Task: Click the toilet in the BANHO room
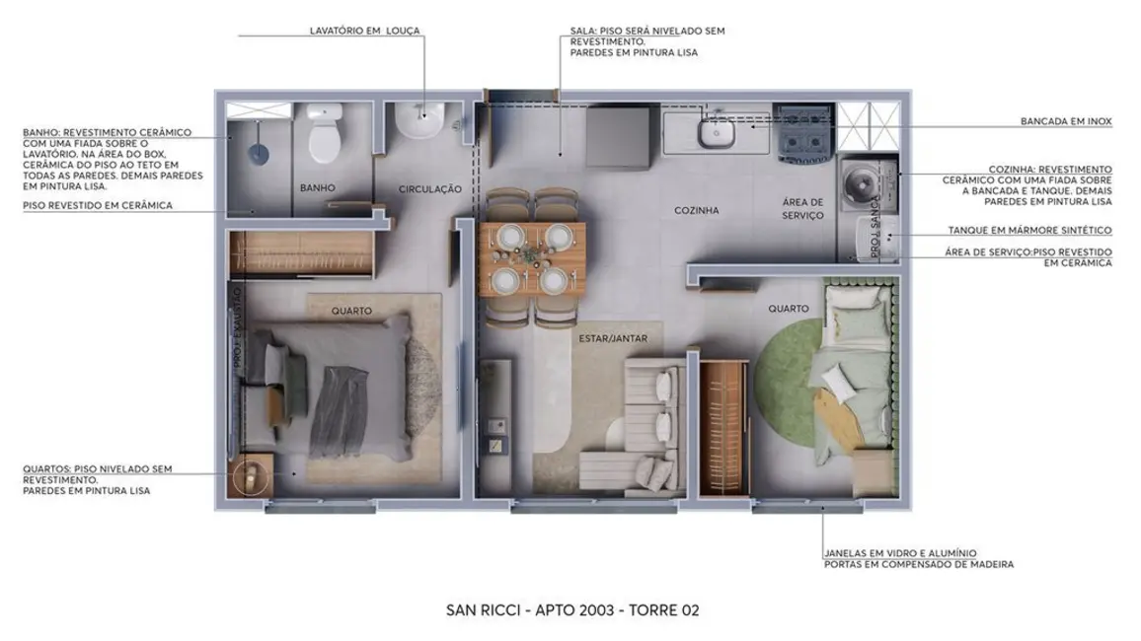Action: [325, 138]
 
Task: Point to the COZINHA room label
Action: [696, 210]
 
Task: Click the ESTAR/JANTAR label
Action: [606, 339]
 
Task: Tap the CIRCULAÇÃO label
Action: [430, 188]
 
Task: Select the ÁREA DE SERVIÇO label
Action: [802, 208]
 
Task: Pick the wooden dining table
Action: [532, 258]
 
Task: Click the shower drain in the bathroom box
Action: [258, 152]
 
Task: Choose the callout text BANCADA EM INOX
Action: [1066, 122]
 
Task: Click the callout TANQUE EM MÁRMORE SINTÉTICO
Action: [1029, 231]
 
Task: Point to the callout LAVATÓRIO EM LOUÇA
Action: [364, 32]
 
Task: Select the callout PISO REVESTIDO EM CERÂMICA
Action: [98, 205]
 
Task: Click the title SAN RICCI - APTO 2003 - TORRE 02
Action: [572, 610]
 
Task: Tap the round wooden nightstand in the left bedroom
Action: [253, 476]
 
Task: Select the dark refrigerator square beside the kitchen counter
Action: [618, 130]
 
